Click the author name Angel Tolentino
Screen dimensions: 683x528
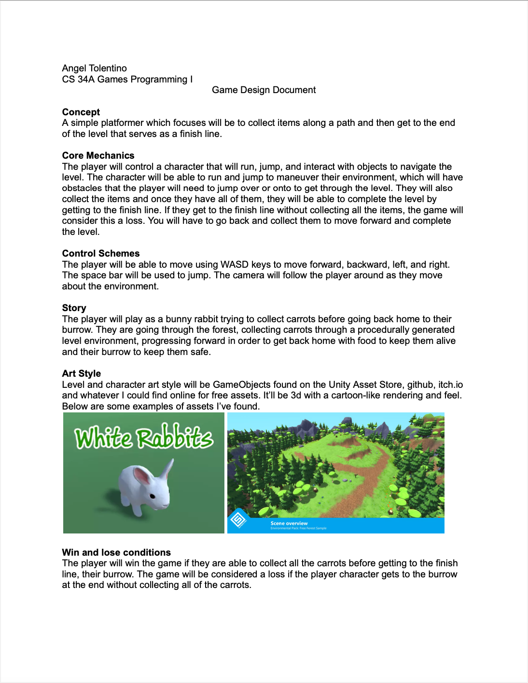pyautogui.click(x=94, y=68)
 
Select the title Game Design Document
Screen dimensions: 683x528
pyautogui.click(x=264, y=90)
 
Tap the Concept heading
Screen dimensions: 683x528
pyautogui.click(x=81, y=112)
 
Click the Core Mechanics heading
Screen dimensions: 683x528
pyautogui.click(x=98, y=155)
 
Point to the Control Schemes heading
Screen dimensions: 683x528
pyautogui.click(x=100, y=253)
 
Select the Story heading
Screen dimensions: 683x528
pyautogui.click(x=74, y=308)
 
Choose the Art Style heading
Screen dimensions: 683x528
pyautogui.click(x=81, y=373)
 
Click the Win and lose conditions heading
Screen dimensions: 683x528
pyautogui.click(x=116, y=552)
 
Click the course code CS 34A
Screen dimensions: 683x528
pyautogui.click(x=78, y=79)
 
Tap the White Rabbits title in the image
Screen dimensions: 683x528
pyautogui.click(x=143, y=437)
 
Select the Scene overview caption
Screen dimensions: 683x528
pyautogui.click(x=289, y=523)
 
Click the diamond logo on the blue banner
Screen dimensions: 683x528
pyautogui.click(x=238, y=519)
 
